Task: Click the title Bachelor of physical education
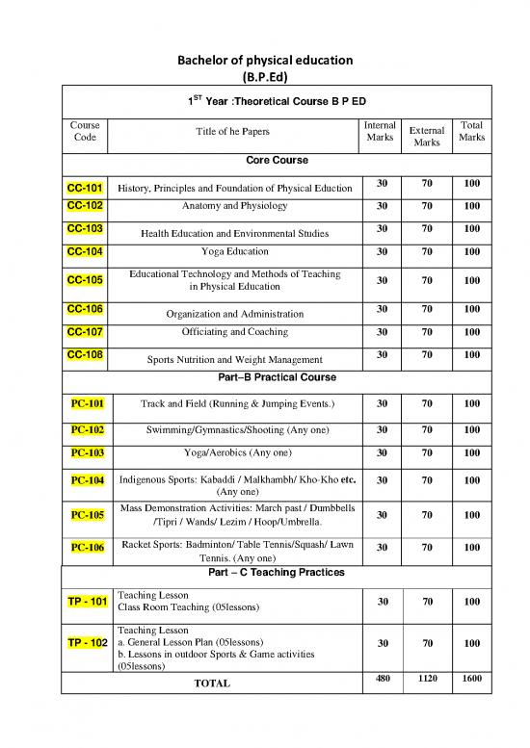pyautogui.click(x=265, y=61)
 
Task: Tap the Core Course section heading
pyautogui.click(x=276, y=159)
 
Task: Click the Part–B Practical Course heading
pyautogui.click(x=276, y=377)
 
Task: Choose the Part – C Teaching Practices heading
pyautogui.click(x=276, y=572)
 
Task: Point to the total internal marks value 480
pyautogui.click(x=382, y=680)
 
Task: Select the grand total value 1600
pyautogui.click(x=471, y=680)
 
